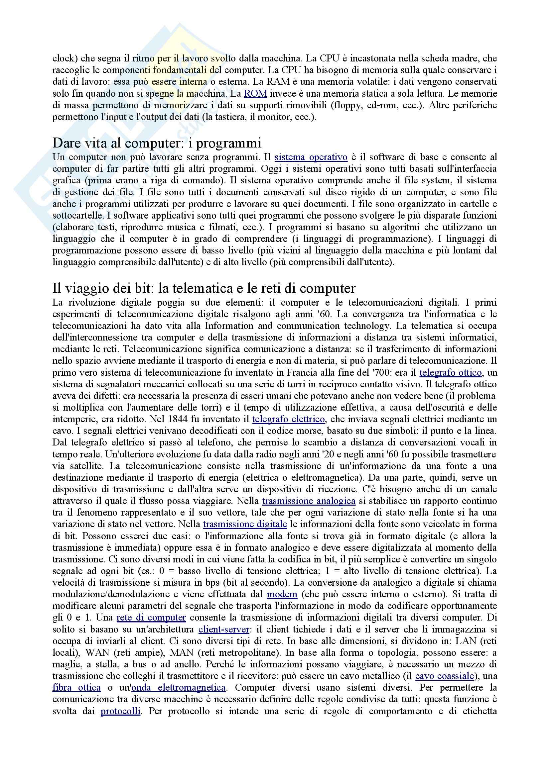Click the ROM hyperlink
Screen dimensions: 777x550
click(x=255, y=93)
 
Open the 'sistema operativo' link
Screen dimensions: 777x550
click(x=311, y=157)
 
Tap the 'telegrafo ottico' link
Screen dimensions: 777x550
click(x=450, y=373)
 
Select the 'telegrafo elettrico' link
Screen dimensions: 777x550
click(x=288, y=419)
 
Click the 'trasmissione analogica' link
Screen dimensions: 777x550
click(x=309, y=501)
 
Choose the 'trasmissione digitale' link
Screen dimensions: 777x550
click(x=245, y=524)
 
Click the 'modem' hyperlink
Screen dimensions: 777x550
click(x=282, y=594)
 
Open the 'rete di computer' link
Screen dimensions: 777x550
click(x=151, y=618)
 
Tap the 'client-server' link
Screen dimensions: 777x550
click(x=224, y=630)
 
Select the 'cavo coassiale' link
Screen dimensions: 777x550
click(x=444, y=676)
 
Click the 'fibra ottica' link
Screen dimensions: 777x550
click(x=76, y=688)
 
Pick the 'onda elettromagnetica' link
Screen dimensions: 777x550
click(x=179, y=688)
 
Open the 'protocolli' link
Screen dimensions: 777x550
click(x=120, y=711)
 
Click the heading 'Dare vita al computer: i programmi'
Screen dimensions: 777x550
click(x=157, y=143)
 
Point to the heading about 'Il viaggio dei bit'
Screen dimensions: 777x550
click(x=204, y=288)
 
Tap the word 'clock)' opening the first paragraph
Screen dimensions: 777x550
click(x=65, y=58)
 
